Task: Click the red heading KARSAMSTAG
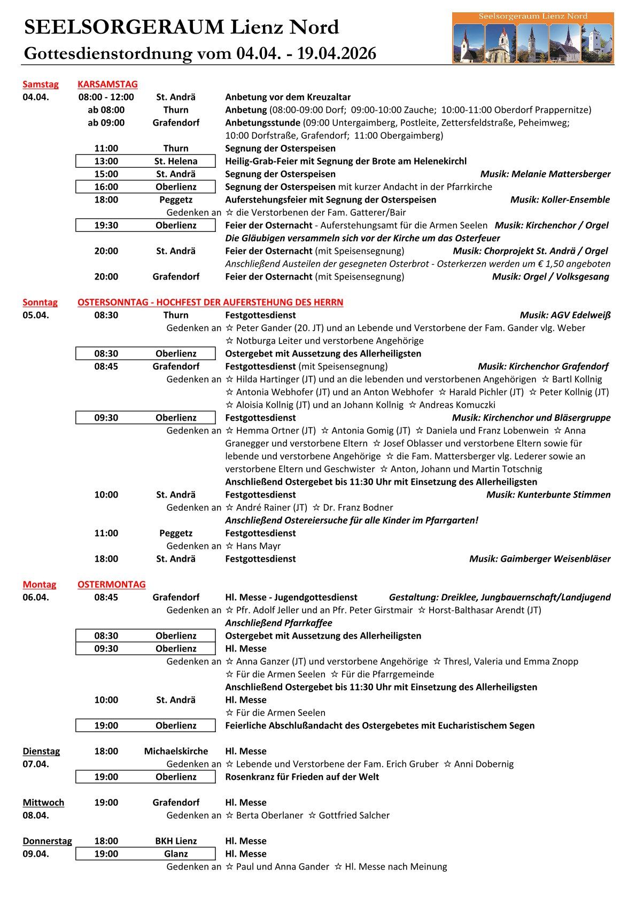pos(107,84)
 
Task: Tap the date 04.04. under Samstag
pos(35,97)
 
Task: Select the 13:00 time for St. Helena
pos(106,161)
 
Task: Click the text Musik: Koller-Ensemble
pos(560,199)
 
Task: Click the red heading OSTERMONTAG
pos(111,584)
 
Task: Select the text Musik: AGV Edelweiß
pos(565,315)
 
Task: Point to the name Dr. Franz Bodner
pos(358,507)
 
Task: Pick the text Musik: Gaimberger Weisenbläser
pos(540,558)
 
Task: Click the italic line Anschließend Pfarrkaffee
pos(278,623)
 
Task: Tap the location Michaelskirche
pos(176,751)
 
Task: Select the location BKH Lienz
pos(176,841)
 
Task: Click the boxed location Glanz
pos(176,854)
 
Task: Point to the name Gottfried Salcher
pos(354,815)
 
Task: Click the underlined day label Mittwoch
pos(43,802)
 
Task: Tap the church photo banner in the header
pos(532,38)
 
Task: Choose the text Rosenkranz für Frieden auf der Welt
pos(302,777)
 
